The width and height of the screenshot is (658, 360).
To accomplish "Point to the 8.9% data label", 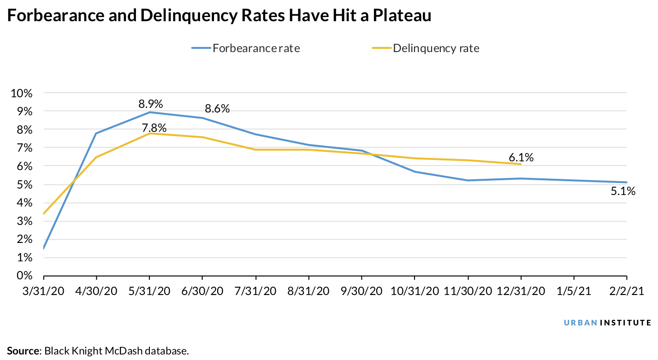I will (x=151, y=104).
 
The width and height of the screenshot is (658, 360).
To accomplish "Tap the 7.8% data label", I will (x=154, y=128).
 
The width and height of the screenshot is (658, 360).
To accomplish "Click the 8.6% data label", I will (x=217, y=109).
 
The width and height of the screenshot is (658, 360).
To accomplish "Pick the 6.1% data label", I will (x=522, y=158).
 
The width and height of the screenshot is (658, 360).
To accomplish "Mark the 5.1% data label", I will (x=623, y=191).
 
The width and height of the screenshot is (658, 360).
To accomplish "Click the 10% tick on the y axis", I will (x=21, y=93).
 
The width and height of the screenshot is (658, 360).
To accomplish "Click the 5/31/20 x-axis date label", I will (x=149, y=291).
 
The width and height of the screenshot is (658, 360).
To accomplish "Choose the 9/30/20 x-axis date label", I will (x=362, y=291).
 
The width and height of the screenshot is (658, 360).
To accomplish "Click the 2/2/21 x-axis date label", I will (x=626, y=291).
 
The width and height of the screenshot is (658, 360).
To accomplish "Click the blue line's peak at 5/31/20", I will (x=149, y=112).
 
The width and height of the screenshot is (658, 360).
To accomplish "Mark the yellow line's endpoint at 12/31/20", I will (x=521, y=164).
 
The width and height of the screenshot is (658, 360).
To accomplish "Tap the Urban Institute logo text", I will (x=607, y=322).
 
